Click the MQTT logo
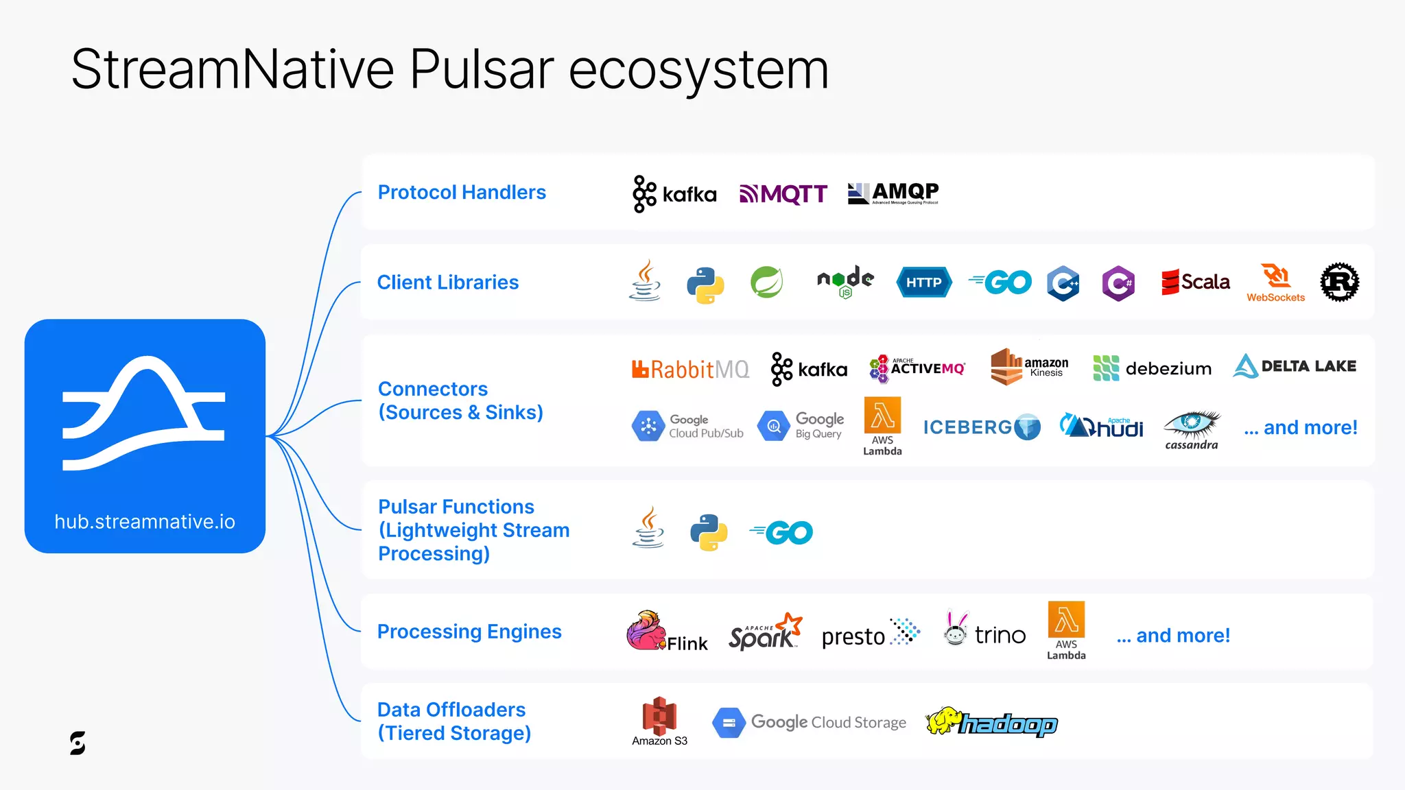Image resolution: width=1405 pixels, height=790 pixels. point(783,194)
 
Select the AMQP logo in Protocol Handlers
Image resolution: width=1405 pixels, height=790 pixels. point(893,193)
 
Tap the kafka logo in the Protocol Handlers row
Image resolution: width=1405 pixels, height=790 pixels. point(674,194)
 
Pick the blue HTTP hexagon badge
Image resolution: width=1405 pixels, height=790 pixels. point(924,283)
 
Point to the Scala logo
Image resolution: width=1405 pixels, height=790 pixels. point(1195,282)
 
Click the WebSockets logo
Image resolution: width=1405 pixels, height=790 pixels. point(1276,283)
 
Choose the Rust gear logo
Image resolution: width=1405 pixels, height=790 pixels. point(1339,282)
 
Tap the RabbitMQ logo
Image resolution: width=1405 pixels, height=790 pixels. point(690,370)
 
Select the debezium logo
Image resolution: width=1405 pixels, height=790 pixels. point(1153,368)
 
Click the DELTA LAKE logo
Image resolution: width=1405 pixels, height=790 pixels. point(1295,366)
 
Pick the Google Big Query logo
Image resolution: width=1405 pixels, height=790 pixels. point(801,426)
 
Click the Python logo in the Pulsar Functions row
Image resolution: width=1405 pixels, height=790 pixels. point(708,533)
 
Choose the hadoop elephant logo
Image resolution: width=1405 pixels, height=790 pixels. point(991,723)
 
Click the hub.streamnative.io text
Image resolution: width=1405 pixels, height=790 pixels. point(145,522)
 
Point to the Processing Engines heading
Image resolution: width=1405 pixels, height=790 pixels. point(469,632)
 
